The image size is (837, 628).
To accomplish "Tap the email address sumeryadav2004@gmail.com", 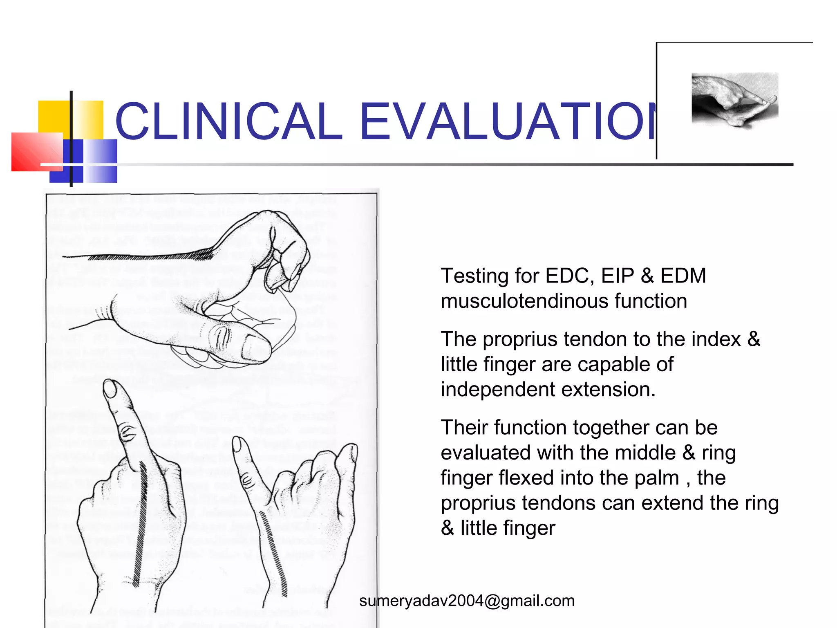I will pyautogui.click(x=467, y=601).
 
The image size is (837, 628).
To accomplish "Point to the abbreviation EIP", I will pyautogui.click(x=617, y=276).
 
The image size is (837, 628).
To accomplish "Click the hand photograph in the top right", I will pyautogui.click(x=734, y=99).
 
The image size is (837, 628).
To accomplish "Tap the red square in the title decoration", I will pyautogui.click(x=37, y=151).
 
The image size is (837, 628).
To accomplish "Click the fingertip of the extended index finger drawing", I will pyautogui.click(x=110, y=388).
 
